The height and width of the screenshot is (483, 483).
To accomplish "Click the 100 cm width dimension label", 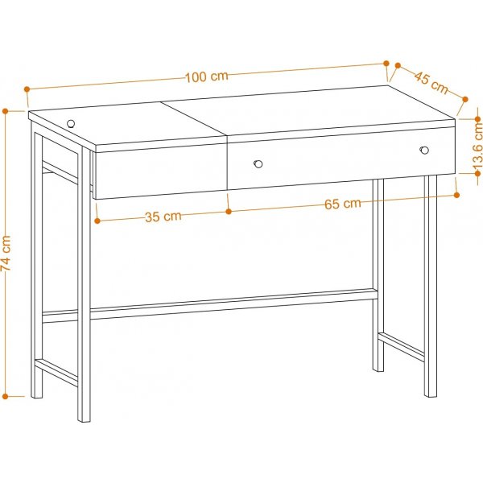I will pos(206,76).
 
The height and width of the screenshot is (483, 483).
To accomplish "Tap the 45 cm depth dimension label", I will pos(431,80).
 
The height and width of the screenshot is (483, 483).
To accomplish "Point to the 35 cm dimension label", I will pos(163,216).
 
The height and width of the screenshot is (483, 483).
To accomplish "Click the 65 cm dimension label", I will pos(342,204).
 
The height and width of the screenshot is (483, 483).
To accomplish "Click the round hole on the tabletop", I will pos(71,123).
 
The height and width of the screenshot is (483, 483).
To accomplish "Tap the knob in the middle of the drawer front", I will pos(258,163).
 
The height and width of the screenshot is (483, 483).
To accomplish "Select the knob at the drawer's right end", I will pos(424,149).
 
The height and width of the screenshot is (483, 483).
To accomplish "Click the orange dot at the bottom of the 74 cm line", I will pos(6,396).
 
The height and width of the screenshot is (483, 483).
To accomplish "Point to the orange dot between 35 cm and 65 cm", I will pos(229,212).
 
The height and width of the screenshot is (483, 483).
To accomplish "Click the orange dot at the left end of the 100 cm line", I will pos(27,89).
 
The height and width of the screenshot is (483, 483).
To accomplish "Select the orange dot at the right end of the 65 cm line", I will pos(456,192).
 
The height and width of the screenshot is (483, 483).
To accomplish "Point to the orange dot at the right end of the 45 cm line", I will pos(464,100).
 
